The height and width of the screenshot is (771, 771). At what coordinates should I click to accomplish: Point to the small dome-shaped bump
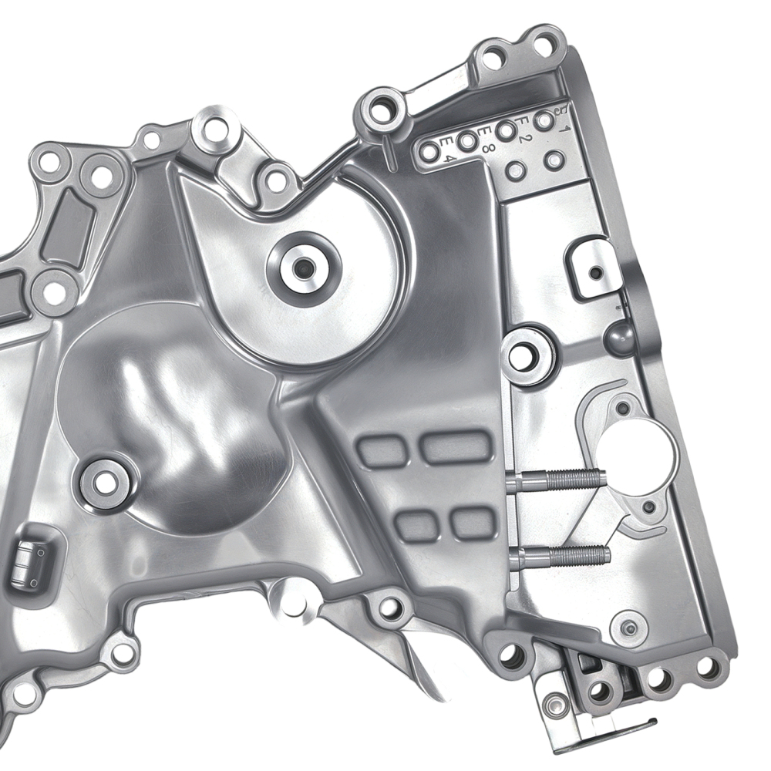[619, 336]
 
